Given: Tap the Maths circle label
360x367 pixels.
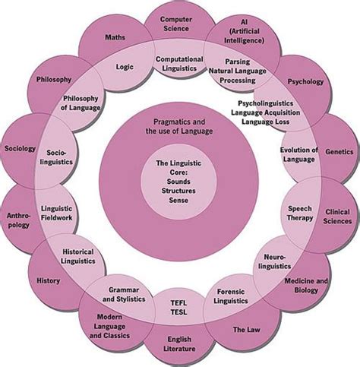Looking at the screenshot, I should point(115,36).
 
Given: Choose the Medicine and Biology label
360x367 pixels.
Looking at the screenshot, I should point(306,286).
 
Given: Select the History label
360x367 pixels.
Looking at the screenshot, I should point(48,280).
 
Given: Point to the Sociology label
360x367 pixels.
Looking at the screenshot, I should point(19,149).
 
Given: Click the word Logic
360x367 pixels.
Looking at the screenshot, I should point(125,67).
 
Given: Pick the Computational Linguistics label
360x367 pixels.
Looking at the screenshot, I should point(179,64).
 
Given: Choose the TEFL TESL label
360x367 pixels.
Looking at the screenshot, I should point(178,308).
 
